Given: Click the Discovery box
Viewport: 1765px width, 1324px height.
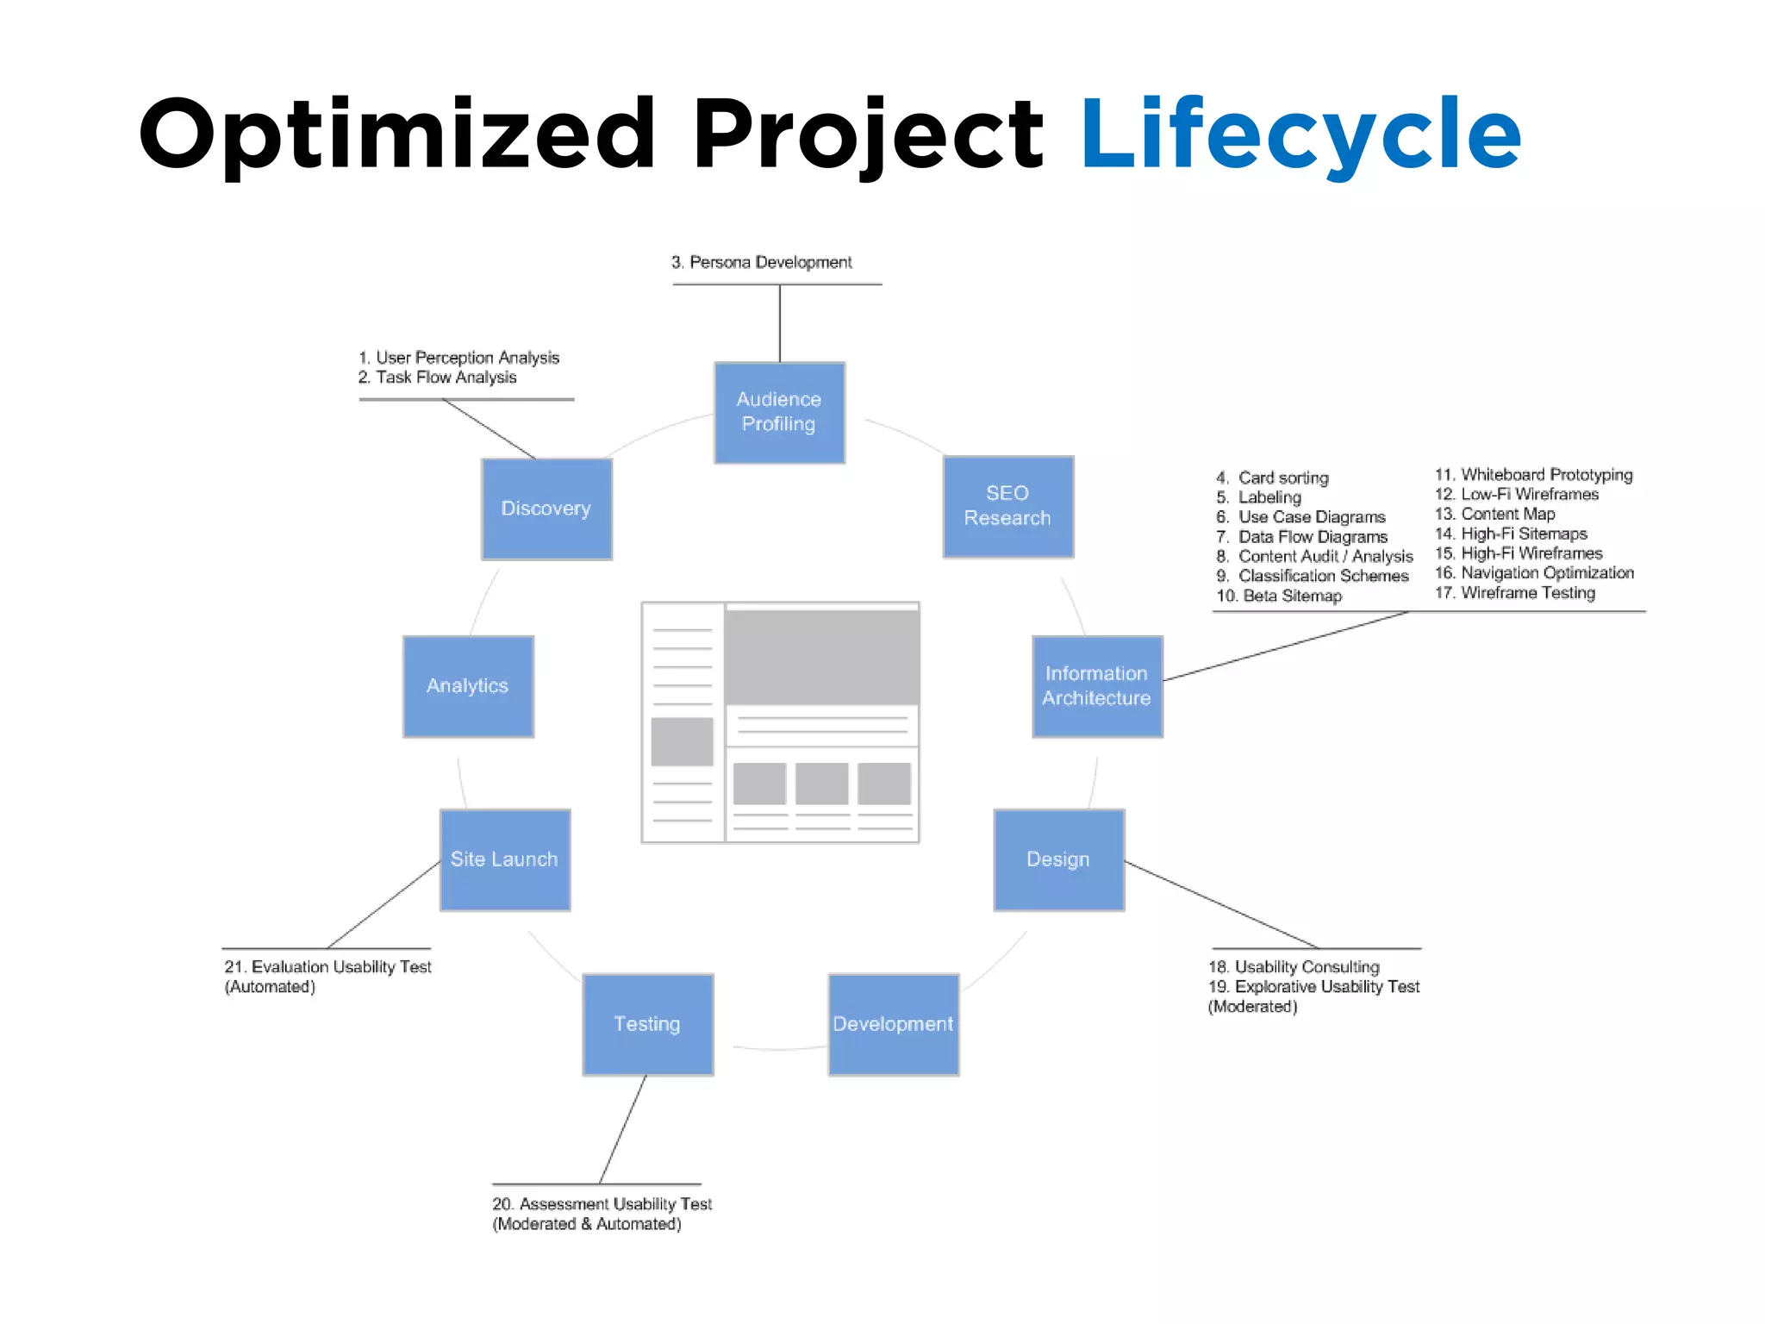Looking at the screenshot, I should pyautogui.click(x=546, y=509).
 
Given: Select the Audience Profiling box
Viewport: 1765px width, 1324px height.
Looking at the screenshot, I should pyautogui.click(x=779, y=412).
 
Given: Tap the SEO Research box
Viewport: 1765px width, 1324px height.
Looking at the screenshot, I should pyautogui.click(x=1007, y=506).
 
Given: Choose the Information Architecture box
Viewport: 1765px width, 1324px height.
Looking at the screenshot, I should pyautogui.click(x=1096, y=686).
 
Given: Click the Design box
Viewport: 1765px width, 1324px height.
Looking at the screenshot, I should pyautogui.click(x=1058, y=859).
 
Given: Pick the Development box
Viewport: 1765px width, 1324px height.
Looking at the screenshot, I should pyautogui.click(x=893, y=1024).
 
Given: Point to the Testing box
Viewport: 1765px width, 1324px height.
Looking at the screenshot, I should pyautogui.click(x=647, y=1024).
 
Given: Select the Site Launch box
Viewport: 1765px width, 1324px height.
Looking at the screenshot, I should pyautogui.click(x=504, y=859).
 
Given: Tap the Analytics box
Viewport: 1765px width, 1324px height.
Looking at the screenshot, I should pyautogui.click(x=468, y=686).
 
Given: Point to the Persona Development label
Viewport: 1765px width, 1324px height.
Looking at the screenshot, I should pyautogui.click(x=762, y=262).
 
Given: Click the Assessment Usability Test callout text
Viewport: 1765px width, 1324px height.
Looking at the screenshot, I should pyautogui.click(x=602, y=1204).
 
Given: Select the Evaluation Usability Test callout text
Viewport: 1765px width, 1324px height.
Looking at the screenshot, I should pyautogui.click(x=327, y=967).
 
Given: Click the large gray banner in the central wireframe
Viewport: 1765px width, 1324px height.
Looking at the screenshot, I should pyautogui.click(x=821, y=657).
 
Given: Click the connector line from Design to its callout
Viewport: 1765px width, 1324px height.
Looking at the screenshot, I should pyautogui.click(x=1222, y=905).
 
